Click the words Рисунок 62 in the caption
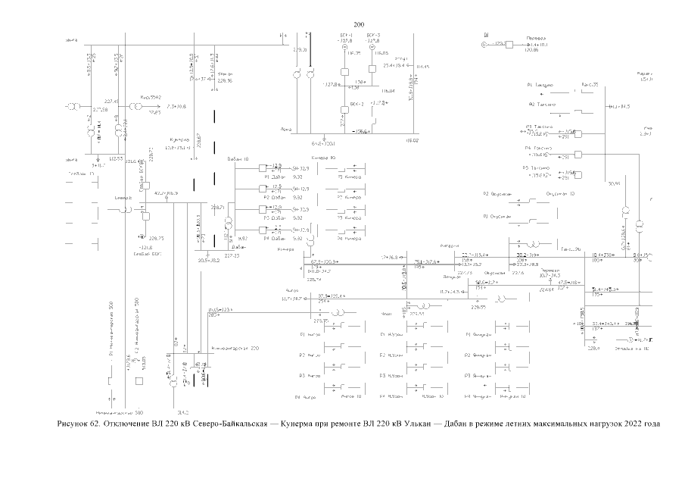point(79,423)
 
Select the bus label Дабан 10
point(238,158)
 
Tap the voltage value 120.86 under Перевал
point(531,50)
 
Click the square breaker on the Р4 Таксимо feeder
point(578,154)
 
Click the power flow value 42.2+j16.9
point(166,194)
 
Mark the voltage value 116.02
point(413,140)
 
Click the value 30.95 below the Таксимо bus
point(613,183)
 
